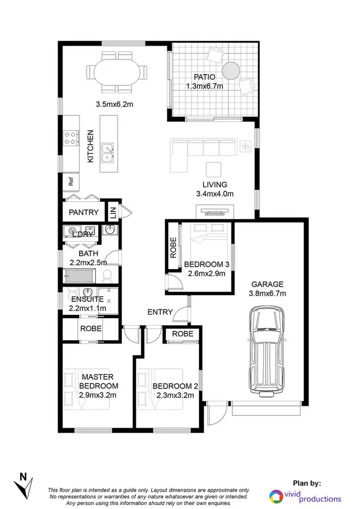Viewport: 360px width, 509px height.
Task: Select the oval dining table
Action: [118, 73]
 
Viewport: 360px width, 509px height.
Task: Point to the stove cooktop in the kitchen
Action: [71, 138]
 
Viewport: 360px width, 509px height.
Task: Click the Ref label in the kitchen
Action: [71, 182]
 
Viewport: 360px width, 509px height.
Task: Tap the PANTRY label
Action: [84, 212]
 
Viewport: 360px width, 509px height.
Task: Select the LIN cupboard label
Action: [113, 213]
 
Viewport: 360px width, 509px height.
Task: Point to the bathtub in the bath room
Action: [80, 276]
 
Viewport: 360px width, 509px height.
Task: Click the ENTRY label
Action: [160, 312]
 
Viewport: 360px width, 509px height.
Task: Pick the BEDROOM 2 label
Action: [175, 387]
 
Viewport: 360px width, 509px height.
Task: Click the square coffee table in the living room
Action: [214, 169]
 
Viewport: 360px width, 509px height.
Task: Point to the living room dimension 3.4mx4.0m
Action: [215, 194]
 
